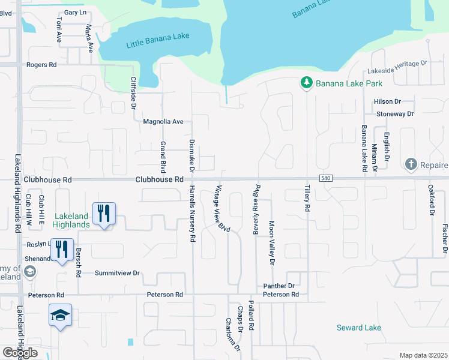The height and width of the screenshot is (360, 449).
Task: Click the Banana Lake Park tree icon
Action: tap(306, 82)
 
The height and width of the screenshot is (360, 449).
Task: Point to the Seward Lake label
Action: tap(358, 328)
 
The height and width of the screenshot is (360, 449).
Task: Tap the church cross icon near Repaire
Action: tap(411, 164)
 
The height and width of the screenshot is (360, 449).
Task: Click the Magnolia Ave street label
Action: tap(163, 122)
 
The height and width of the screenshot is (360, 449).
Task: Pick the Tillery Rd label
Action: tap(307, 199)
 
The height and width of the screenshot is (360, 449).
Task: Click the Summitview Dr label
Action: tap(117, 273)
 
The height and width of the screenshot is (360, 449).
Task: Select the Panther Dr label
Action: tap(279, 286)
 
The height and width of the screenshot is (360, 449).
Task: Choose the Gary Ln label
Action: tap(75, 12)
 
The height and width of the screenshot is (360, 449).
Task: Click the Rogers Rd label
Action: tap(41, 65)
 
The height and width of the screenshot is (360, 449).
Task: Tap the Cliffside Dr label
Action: tap(133, 94)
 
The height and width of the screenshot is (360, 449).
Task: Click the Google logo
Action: tap(20, 353)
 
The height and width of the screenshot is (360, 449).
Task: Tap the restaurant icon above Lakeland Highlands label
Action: tap(104, 213)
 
